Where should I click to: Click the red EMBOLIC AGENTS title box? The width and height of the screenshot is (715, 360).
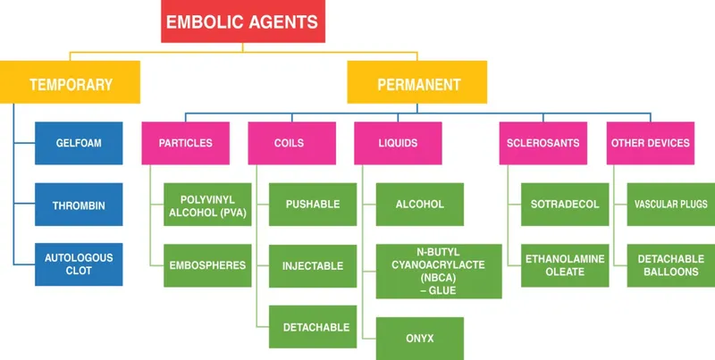[243, 21]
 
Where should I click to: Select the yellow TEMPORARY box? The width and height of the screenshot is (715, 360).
[71, 84]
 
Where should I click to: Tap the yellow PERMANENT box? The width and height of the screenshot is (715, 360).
[417, 84]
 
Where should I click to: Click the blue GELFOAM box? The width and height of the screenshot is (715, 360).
[78, 143]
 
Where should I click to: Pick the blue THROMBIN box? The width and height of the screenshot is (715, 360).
[78, 205]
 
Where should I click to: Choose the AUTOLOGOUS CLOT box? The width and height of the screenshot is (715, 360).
[78, 264]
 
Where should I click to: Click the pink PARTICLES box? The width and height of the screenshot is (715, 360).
[185, 143]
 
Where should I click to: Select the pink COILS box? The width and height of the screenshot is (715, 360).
[290, 143]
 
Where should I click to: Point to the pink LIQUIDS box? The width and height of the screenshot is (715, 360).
[398, 143]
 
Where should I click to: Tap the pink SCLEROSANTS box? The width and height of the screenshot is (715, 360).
[543, 143]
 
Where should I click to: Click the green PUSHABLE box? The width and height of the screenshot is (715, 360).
[312, 205]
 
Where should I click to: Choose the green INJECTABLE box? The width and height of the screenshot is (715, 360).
[312, 265]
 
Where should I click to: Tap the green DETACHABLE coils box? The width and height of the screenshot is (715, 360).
[312, 327]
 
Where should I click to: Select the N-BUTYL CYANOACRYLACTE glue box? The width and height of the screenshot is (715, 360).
[419, 271]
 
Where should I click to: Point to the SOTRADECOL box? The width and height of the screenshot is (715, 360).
[564, 205]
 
